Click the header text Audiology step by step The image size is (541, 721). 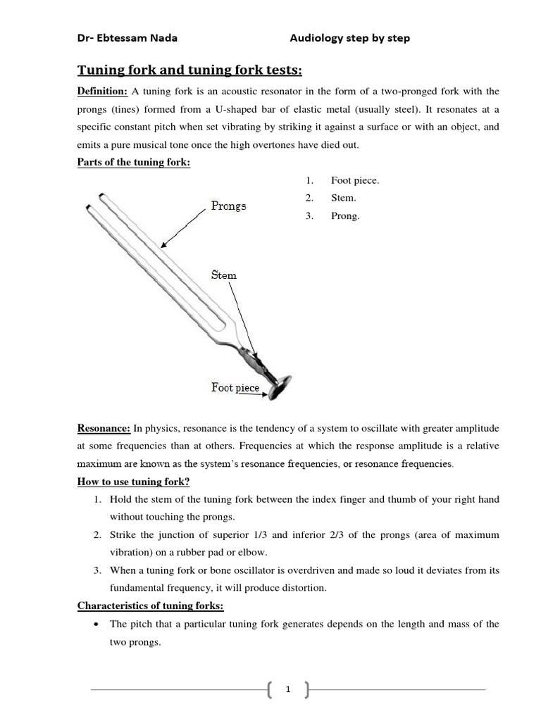349,38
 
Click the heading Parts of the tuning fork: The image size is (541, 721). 134,163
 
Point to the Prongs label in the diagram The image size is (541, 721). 228,206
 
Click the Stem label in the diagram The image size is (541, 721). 223,275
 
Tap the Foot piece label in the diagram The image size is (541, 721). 235,387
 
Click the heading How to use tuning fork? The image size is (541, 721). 134,482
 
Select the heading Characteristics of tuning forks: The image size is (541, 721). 150,606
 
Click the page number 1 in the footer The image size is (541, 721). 288,691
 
